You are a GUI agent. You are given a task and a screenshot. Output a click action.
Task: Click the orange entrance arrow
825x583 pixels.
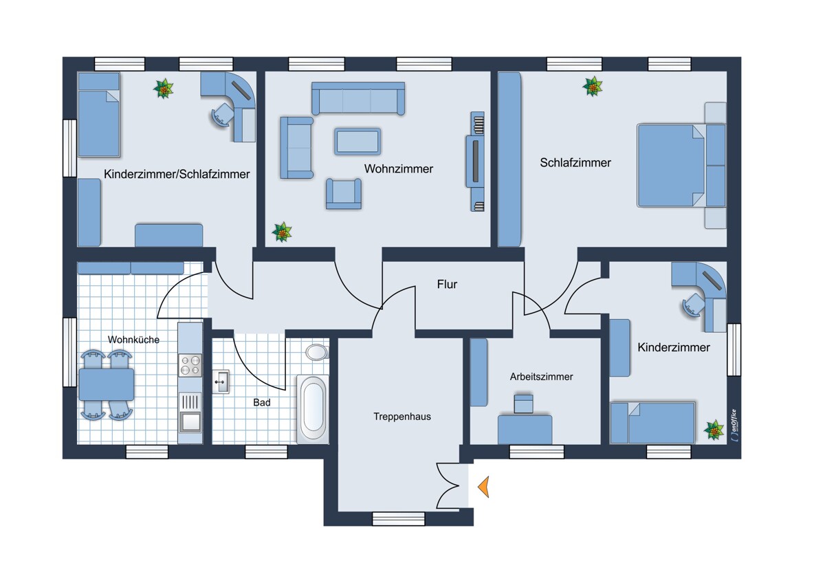484,487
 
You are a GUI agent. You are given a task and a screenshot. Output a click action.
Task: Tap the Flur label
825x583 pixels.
447,285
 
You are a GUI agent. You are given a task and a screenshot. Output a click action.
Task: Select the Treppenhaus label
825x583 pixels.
402,417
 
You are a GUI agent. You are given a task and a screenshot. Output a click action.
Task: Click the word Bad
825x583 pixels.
262,403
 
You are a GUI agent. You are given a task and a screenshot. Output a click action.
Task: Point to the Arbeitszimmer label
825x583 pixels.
542,377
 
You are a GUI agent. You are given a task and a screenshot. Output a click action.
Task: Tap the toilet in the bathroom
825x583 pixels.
317,352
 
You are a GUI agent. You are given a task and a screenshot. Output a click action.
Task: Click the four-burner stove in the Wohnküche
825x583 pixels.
190,365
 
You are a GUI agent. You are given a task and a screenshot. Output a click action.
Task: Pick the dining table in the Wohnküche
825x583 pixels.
107,385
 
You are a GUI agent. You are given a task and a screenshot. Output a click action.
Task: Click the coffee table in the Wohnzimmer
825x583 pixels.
357,141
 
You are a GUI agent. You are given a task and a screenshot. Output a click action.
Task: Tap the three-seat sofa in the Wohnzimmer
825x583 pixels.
358,98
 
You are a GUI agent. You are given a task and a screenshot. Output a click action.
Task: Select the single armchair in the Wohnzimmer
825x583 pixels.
344,194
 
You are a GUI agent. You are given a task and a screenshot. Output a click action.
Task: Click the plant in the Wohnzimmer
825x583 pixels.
282,232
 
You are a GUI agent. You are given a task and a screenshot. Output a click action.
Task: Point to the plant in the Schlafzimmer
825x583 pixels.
593,86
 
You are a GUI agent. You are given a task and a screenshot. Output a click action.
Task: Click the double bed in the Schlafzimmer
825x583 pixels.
682,166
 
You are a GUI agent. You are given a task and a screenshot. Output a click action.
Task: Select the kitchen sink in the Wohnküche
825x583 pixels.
190,421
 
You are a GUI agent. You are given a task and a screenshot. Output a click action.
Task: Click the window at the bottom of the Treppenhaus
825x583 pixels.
399,519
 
